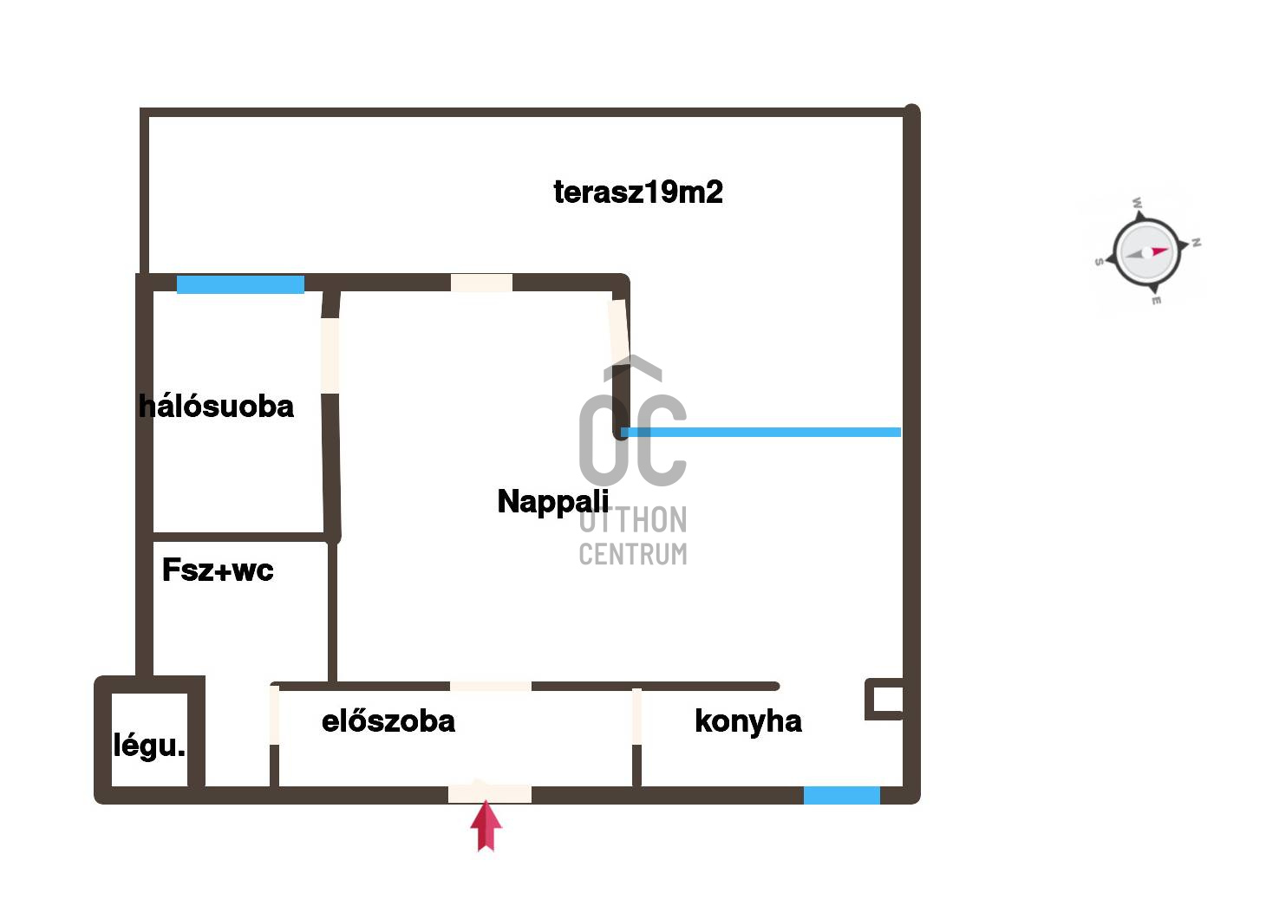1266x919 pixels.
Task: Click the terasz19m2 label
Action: coord(638,192)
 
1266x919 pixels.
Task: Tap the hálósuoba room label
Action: coord(217,406)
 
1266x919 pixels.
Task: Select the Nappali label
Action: coord(553,501)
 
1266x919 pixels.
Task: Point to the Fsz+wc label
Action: coord(218,570)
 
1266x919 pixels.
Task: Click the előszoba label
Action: coord(388,720)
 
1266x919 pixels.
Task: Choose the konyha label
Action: coord(747,720)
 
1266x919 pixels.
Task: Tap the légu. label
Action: coord(149,745)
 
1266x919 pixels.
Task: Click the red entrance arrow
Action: coord(486,825)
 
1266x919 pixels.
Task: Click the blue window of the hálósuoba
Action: coord(240,284)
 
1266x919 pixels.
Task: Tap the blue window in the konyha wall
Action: coord(841,795)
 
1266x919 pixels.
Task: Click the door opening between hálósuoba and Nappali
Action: coord(330,355)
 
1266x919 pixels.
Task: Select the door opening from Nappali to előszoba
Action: coord(490,686)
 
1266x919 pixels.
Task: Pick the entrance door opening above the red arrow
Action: coord(489,792)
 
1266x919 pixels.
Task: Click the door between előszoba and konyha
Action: coord(636,716)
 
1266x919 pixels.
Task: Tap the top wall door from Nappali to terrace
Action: coord(481,283)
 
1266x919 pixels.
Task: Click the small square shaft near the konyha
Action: coord(885,699)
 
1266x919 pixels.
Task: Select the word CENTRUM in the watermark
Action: coord(633,553)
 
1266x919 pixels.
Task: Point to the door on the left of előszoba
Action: coord(274,714)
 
